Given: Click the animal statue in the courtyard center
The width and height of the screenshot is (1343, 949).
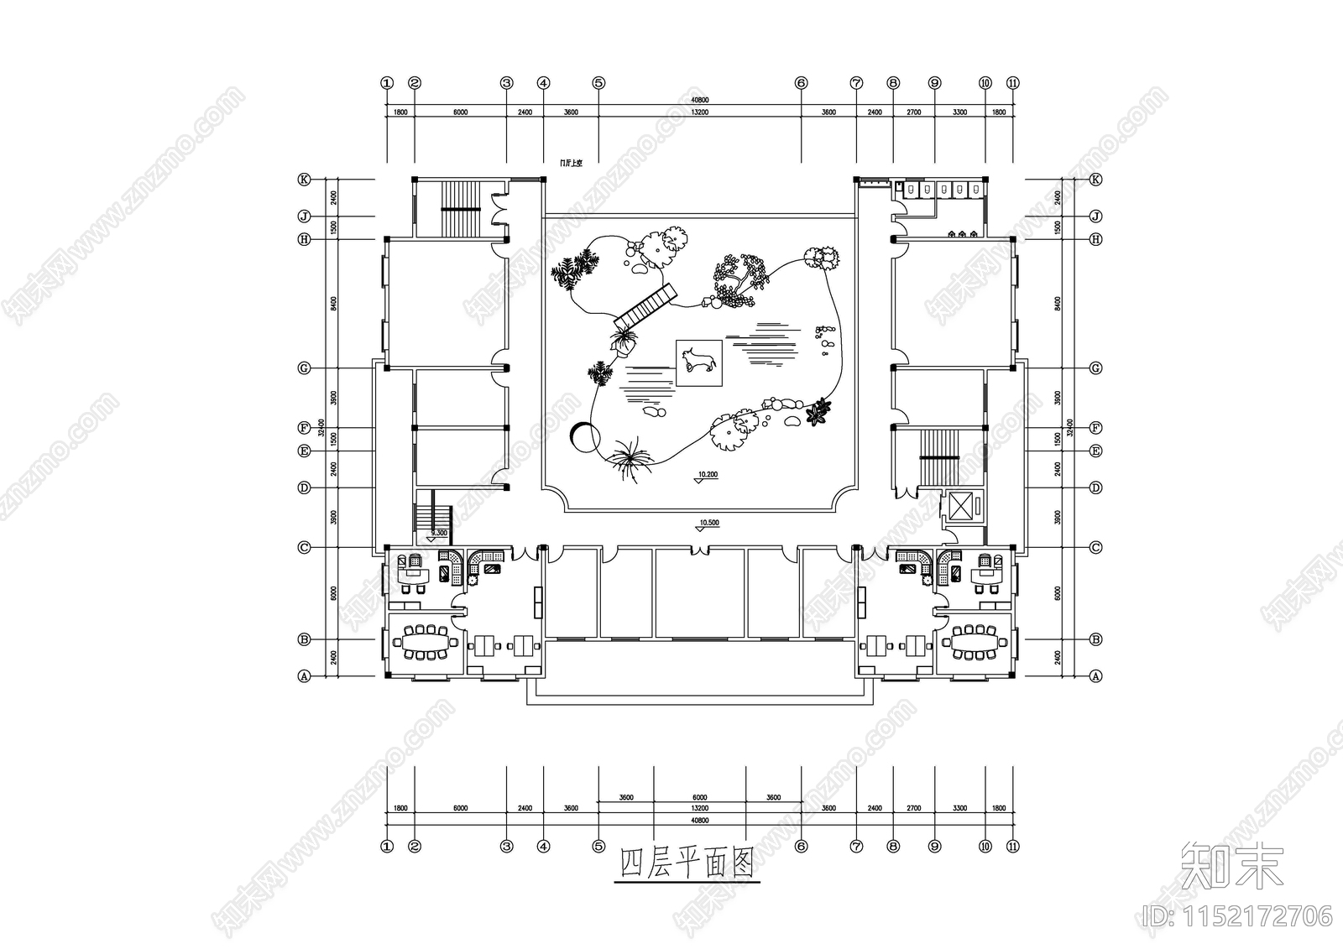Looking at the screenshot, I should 699,362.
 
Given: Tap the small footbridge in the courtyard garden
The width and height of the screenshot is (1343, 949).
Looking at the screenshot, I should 645,307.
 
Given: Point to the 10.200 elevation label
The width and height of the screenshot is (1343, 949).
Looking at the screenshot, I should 707,474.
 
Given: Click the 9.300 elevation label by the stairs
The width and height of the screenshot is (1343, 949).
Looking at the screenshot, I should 438,533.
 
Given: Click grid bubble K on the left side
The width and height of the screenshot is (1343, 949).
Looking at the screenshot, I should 304,180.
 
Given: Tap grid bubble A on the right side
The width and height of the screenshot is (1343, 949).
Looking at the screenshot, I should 1095,675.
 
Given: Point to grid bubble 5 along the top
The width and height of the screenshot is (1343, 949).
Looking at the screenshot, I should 598,83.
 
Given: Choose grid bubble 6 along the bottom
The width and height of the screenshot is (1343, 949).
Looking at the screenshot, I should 801,847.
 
